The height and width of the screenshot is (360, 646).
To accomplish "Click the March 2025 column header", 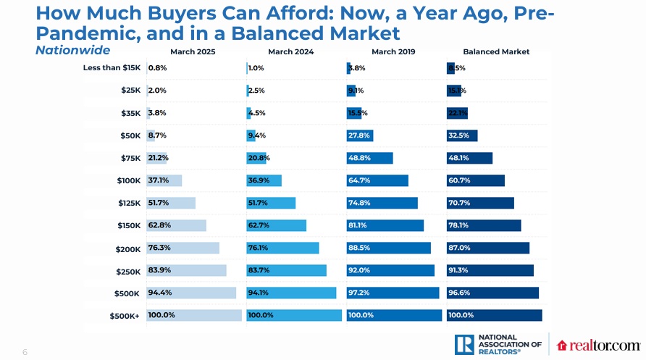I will (193, 51).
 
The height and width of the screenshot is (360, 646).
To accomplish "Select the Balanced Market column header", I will (496, 51).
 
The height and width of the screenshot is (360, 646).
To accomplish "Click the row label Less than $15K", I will (112, 68).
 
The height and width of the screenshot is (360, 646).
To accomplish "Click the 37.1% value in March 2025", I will (158, 180).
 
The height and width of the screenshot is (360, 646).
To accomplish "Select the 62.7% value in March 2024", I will (259, 225).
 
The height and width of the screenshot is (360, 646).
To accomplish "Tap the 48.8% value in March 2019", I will (359, 158).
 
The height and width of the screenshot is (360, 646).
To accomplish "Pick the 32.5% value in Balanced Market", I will (458, 135).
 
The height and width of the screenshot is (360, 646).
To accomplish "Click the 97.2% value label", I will (359, 293).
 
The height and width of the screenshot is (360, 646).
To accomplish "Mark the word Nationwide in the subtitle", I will (72, 51).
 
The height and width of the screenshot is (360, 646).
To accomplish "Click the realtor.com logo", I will (598, 346).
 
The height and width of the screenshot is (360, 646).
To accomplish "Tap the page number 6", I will (25, 352).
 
